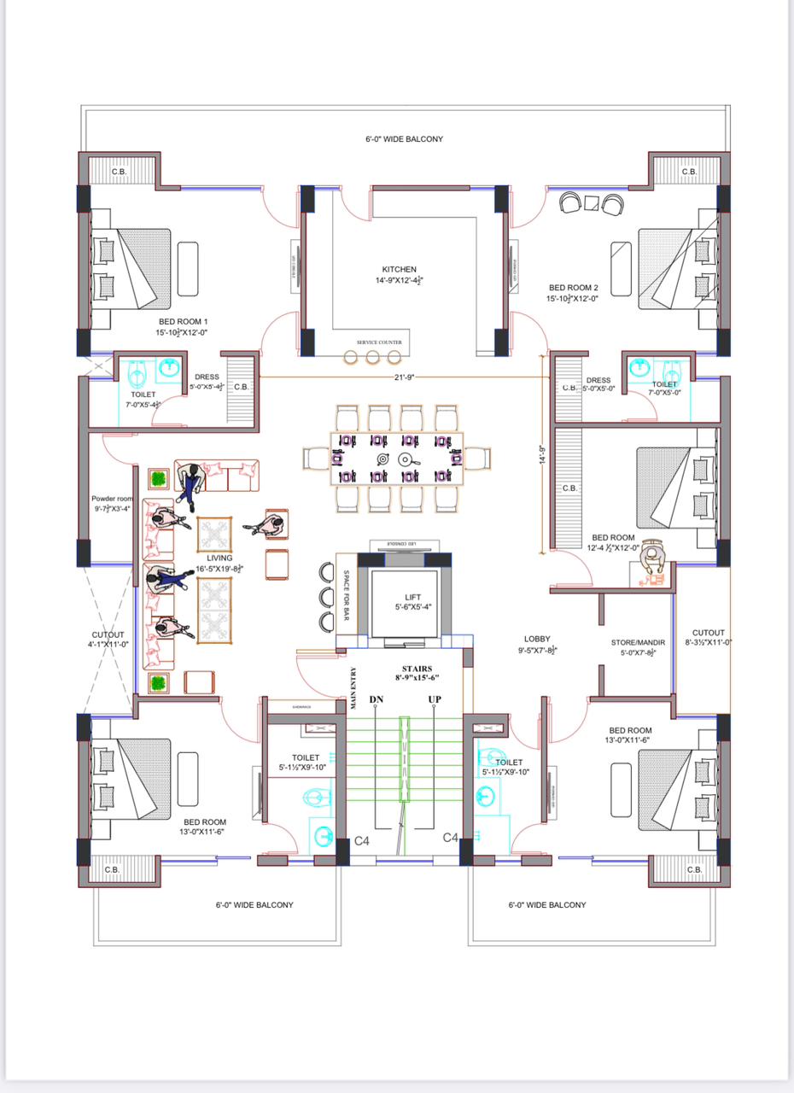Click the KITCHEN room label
pyautogui.click(x=399, y=269)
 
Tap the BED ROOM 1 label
pyautogui.click(x=182, y=322)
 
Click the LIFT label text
pyautogui.click(x=413, y=598)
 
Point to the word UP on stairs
pyautogui.click(x=434, y=700)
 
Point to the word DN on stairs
pyautogui.click(x=376, y=700)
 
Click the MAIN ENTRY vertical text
pyautogui.click(x=353, y=688)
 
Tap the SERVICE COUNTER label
pyautogui.click(x=379, y=342)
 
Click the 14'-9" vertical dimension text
pyautogui.click(x=542, y=451)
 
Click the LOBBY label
pyautogui.click(x=537, y=639)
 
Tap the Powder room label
pyautogui.click(x=113, y=499)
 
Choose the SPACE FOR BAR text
pyautogui.click(x=347, y=589)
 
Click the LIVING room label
pyautogui.click(x=219, y=558)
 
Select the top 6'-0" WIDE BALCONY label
pyautogui.click(x=400, y=138)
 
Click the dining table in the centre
pyautogui.click(x=397, y=458)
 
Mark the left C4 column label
pyautogui.click(x=362, y=841)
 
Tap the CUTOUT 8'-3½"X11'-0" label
pyautogui.click(x=709, y=633)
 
